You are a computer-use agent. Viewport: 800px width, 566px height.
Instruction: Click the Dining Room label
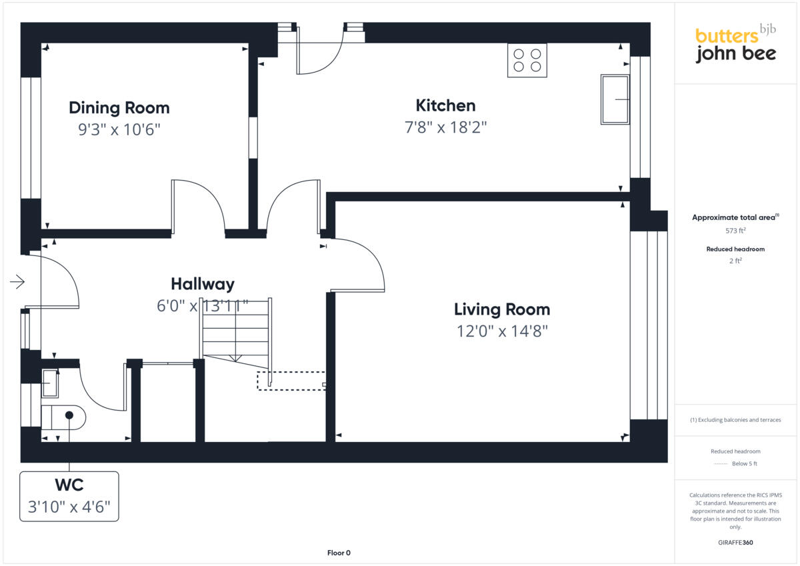tap(119, 107)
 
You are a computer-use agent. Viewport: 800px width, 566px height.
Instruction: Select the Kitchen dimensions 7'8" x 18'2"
tap(445, 127)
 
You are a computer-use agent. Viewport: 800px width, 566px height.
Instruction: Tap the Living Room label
tap(502, 309)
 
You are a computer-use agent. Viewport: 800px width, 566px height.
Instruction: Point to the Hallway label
tap(203, 284)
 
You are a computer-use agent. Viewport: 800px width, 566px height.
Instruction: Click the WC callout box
tap(69, 497)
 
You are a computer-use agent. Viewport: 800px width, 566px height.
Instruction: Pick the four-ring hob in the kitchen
tap(527, 60)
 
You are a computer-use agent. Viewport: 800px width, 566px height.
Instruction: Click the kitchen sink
tap(615, 99)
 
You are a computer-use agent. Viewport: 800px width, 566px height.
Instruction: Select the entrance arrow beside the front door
tap(17, 283)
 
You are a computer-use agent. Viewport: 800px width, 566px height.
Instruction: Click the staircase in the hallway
tap(237, 330)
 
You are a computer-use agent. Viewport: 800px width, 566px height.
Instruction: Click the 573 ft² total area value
tap(735, 231)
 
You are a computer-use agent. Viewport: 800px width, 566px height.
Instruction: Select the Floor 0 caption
tap(339, 553)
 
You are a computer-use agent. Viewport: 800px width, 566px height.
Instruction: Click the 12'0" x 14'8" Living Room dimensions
tap(502, 331)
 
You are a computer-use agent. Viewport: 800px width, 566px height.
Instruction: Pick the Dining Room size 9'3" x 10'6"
tap(119, 129)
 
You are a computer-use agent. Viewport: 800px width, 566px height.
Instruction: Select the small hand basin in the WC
tap(50, 384)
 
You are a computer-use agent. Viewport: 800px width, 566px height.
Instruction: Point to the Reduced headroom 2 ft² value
tap(735, 261)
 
